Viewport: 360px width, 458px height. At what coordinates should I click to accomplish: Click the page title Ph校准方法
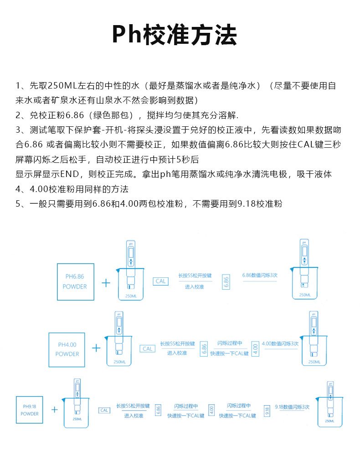(175, 35)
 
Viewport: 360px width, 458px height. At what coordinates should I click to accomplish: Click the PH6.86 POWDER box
(75, 281)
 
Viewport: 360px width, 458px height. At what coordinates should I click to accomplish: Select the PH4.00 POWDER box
(67, 349)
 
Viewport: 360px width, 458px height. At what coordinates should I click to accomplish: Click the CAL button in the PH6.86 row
(161, 281)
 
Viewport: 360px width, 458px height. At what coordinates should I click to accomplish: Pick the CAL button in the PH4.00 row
(147, 349)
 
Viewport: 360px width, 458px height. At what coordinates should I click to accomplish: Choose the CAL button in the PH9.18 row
(104, 410)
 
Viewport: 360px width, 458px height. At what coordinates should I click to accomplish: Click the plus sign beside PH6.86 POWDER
(106, 283)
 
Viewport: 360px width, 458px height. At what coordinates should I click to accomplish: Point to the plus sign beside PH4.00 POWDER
(96, 348)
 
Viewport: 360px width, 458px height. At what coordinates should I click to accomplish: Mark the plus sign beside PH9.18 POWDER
(55, 410)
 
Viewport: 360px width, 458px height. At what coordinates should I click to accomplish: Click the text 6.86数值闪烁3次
(259, 276)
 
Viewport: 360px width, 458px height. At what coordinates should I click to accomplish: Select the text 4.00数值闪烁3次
(280, 343)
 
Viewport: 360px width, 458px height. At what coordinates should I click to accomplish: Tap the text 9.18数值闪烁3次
(293, 406)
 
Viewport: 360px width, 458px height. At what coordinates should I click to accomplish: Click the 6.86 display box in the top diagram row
(226, 282)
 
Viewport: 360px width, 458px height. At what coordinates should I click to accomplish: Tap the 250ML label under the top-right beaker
(305, 296)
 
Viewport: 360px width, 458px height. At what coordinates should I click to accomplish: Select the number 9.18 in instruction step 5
(246, 204)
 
